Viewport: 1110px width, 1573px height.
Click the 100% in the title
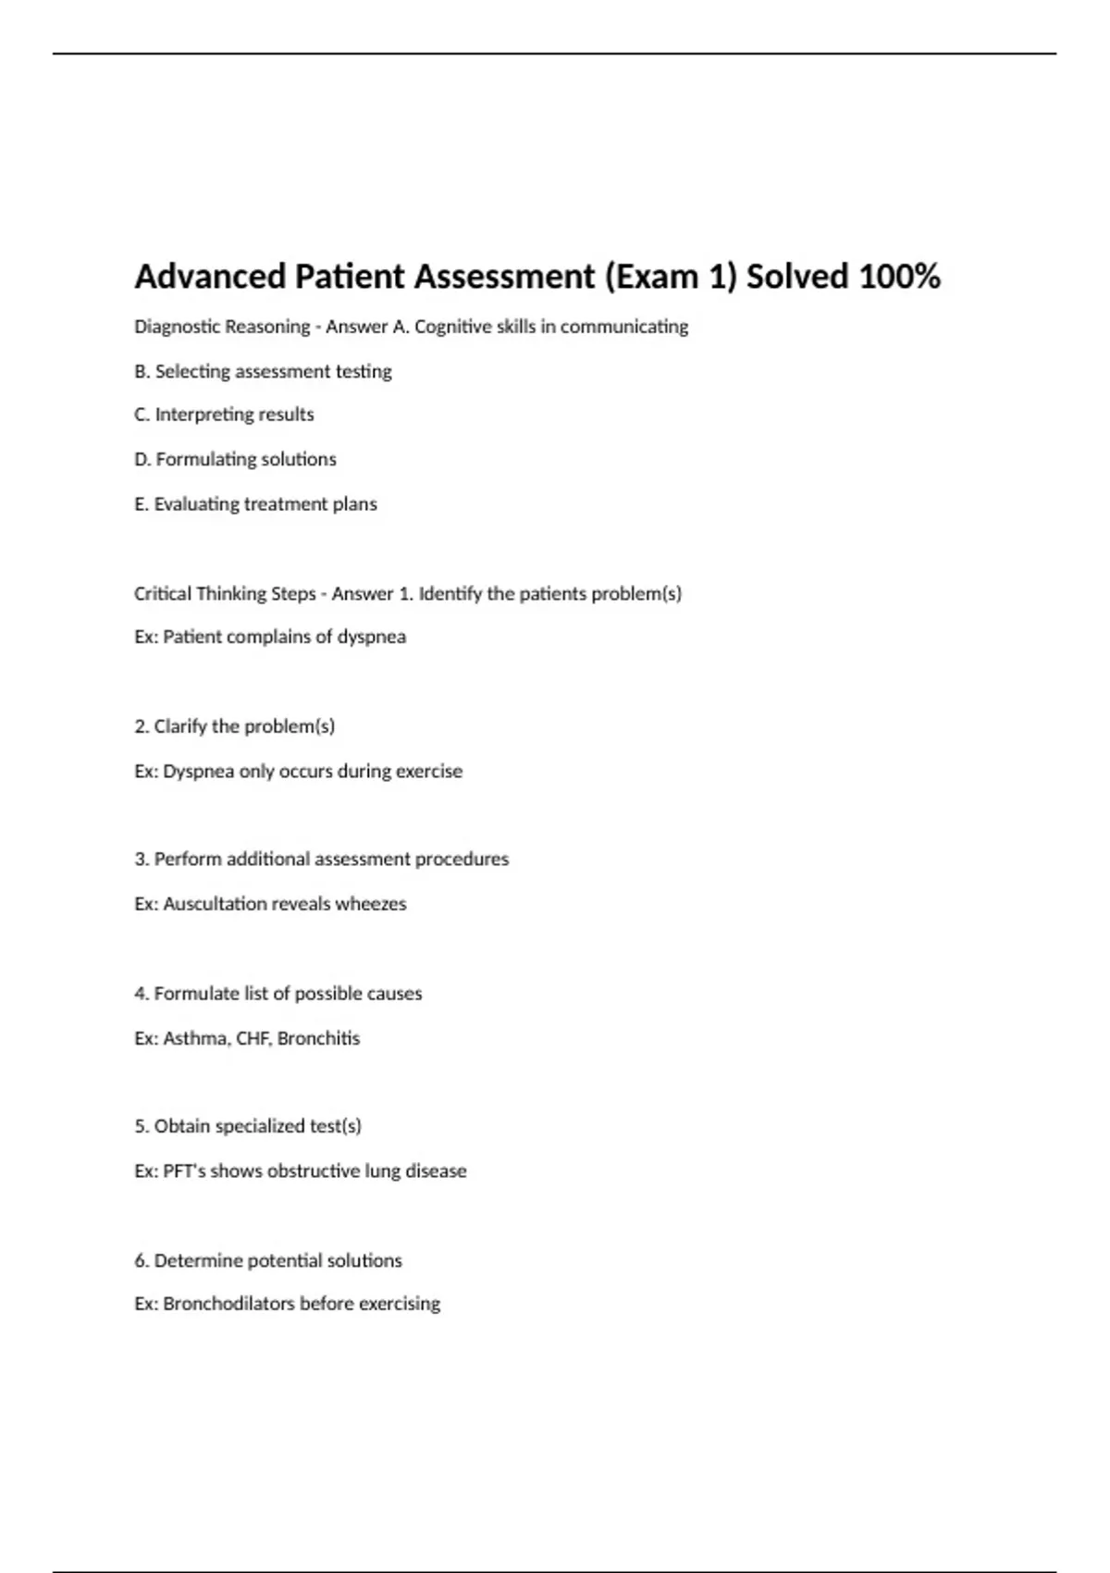[899, 277]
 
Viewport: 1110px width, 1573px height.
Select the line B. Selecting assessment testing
[263, 371]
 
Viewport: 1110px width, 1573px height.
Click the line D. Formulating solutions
[235, 459]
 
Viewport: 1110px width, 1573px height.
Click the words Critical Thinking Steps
[225, 594]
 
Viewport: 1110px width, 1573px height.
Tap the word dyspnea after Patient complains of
[371, 638]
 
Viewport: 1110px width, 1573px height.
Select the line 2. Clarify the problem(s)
[234, 726]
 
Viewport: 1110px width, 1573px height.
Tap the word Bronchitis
[318, 1038]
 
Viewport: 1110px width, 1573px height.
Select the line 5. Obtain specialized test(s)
[247, 1126]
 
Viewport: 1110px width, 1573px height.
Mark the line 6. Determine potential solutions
[268, 1260]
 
